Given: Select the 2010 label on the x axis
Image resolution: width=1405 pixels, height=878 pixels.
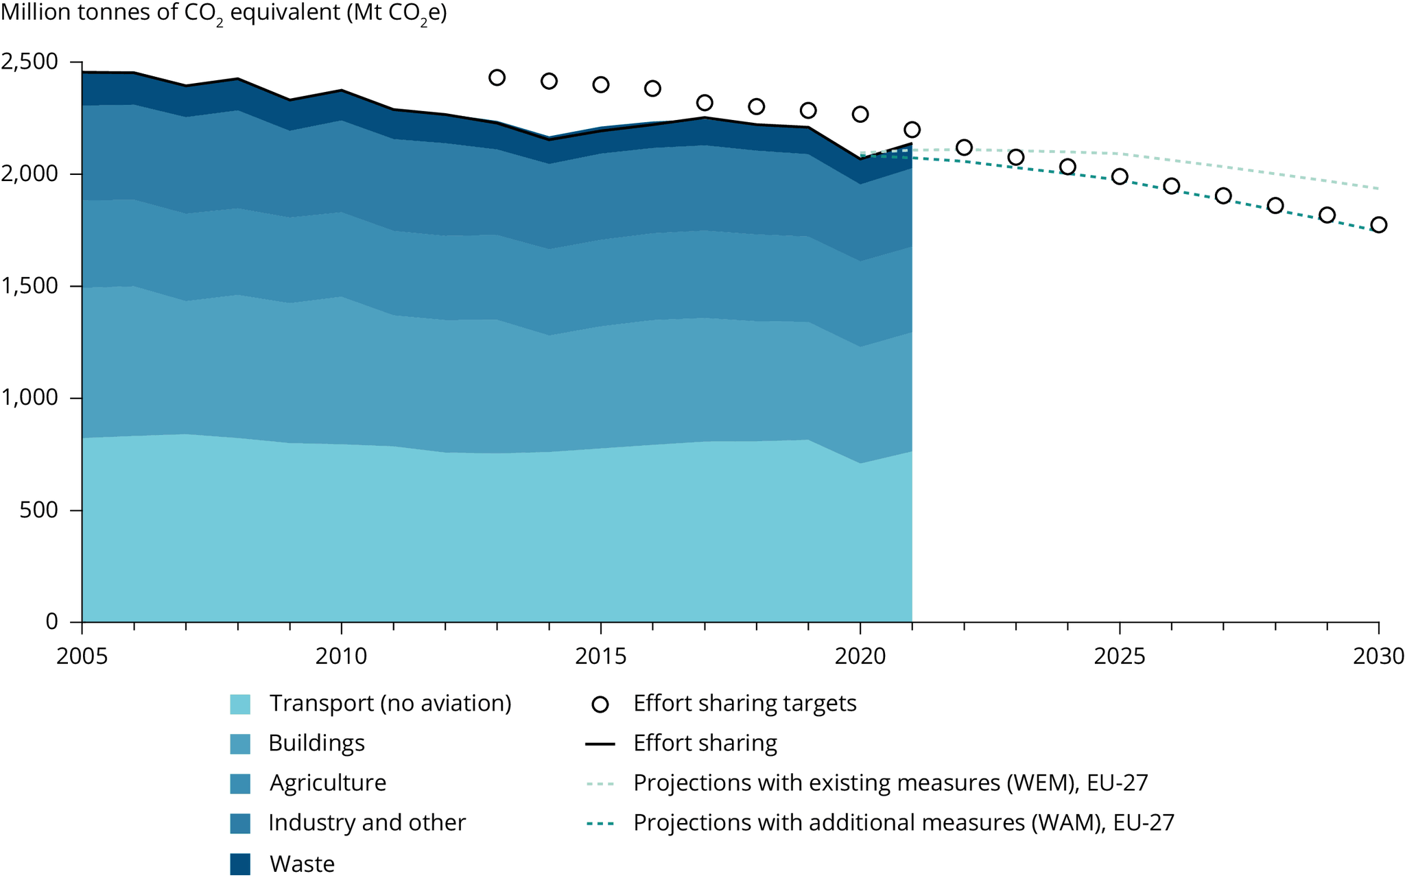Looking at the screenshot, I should pos(341,656).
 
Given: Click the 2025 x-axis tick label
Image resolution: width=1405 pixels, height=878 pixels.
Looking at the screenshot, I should pos(1120,656).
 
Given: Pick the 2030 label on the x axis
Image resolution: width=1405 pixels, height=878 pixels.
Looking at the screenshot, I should pos(1378,656).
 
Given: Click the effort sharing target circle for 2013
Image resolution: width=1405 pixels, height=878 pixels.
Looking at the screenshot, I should pos(497,78).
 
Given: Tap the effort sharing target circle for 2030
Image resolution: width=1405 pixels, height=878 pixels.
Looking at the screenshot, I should pos(1379,225).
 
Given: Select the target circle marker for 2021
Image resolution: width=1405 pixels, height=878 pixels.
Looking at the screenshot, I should pos(912,130).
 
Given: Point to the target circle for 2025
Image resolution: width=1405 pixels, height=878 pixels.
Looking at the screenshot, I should pos(1120,176).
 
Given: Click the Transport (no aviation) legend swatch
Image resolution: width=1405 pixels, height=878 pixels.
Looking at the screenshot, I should pos(240,704).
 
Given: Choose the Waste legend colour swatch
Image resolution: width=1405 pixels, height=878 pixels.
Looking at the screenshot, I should pos(240,864).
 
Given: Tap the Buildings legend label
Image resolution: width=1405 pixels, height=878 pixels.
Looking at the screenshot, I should pos(316,743).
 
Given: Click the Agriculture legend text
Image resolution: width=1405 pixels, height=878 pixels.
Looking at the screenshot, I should pos(327,783).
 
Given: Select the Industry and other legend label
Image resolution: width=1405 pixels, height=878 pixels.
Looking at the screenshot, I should pos(366,822).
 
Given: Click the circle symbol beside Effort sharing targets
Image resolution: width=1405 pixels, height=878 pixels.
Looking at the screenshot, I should pos(600,704).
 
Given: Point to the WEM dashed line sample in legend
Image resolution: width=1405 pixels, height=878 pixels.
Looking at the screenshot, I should pos(600,783).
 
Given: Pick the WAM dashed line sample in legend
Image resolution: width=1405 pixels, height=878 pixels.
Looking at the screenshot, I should pos(600,823).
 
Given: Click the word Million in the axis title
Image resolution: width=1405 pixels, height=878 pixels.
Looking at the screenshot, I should pos(40,13).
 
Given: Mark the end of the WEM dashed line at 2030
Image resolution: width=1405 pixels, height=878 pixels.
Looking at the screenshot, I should pos(1378,188).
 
